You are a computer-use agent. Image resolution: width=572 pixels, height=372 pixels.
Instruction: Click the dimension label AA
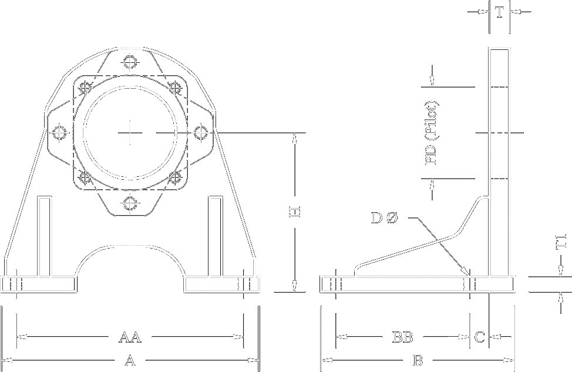[130, 337]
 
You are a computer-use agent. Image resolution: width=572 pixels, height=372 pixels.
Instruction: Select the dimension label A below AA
[130, 361]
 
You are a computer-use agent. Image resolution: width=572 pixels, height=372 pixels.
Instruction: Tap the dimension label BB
[403, 337]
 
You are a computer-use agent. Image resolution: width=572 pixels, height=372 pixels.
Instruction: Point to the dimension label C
[479, 337]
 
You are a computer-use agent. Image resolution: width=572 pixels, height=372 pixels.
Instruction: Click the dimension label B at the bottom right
[418, 361]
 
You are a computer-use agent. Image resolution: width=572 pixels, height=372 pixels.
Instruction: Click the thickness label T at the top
[499, 12]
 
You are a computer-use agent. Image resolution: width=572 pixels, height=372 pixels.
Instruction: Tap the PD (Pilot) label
[432, 133]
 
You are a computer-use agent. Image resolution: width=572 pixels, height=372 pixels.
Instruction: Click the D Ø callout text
[385, 218]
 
